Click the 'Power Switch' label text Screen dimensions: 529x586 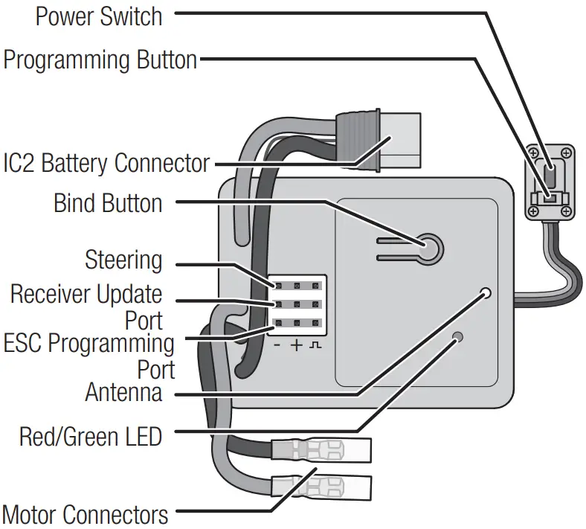98,16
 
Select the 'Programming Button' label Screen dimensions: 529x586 100,60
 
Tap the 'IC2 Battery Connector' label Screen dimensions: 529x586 106,163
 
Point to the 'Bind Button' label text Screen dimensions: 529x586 108,203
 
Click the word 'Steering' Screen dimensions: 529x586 123,260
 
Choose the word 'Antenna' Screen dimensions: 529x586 123,392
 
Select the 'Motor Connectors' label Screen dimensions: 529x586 85,514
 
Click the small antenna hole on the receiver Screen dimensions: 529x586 486,292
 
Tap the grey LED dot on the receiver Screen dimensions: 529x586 458,337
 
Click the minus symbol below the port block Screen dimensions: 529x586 277,346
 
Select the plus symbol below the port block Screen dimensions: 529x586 297,346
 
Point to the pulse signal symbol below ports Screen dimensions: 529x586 318,346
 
